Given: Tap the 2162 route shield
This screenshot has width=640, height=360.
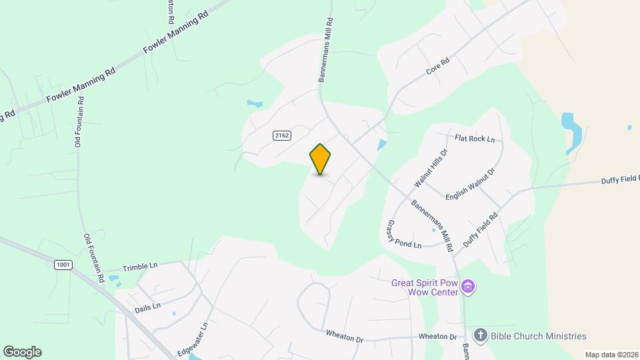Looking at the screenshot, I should [x=281, y=135].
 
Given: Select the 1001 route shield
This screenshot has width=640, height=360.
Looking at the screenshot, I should [x=63, y=265].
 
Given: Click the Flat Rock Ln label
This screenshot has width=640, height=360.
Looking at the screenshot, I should [x=475, y=139].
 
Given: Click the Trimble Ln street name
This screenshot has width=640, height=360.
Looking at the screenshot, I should [x=140, y=266].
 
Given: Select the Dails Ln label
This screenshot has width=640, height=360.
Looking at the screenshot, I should [x=147, y=306].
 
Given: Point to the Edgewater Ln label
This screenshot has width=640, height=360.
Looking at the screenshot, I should [x=193, y=339].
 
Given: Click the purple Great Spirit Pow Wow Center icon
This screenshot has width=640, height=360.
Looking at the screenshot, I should [x=469, y=287].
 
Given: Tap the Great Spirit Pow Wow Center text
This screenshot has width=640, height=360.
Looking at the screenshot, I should [x=425, y=287].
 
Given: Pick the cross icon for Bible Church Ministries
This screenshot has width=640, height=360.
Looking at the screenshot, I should [x=480, y=335].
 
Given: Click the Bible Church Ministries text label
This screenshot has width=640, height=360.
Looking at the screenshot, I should [x=539, y=336].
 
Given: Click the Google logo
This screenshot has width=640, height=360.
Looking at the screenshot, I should [x=22, y=351].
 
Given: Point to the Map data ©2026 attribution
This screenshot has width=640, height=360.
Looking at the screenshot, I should [x=611, y=355].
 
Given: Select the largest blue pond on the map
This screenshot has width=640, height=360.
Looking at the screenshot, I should [x=571, y=127].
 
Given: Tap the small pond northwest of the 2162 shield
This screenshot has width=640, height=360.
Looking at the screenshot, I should [x=254, y=104].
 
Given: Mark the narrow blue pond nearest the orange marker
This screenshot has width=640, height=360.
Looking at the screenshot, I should [x=381, y=145].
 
